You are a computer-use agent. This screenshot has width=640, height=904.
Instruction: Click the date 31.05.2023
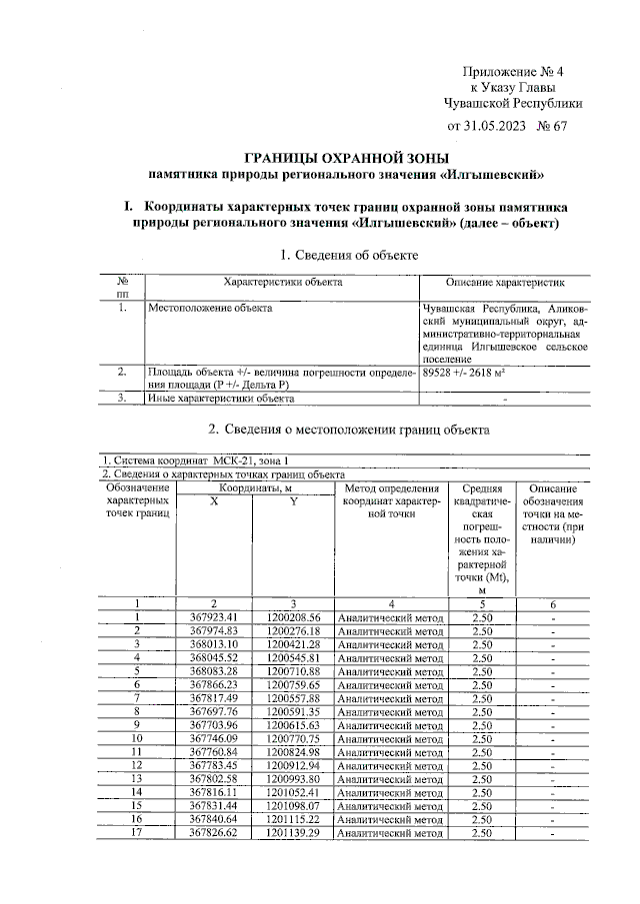pyautogui.click(x=496, y=126)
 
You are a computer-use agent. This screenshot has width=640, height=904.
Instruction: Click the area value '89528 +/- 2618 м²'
pyautogui.click(x=466, y=372)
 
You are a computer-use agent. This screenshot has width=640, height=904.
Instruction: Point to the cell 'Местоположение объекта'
pyautogui.click(x=210, y=309)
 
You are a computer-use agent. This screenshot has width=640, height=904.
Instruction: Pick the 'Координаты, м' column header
pyautogui.click(x=256, y=487)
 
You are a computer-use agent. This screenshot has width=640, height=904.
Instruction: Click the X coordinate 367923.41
pyautogui.click(x=214, y=617)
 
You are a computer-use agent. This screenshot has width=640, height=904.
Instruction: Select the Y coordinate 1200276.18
pyautogui.click(x=293, y=631)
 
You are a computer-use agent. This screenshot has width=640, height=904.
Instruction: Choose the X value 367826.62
pyautogui.click(x=214, y=832)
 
